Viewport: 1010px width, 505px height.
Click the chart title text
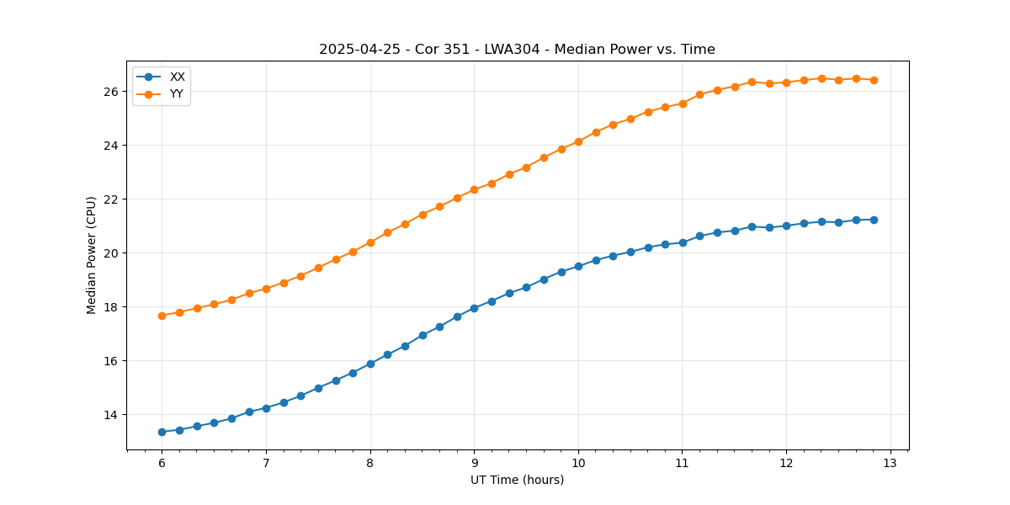tap(517, 50)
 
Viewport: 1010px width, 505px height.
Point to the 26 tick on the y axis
tap(115, 91)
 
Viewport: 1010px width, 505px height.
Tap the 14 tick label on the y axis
tap(115, 415)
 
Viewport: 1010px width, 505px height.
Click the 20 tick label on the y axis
tap(115, 253)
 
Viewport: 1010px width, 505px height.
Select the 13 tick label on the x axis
tap(890, 464)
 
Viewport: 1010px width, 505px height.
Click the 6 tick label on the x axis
tap(162, 464)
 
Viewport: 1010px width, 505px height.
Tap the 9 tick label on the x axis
tap(474, 464)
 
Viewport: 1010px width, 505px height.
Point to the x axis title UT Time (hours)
tap(517, 481)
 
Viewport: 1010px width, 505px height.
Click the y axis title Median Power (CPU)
tap(92, 255)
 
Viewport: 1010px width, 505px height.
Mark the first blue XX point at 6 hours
tap(162, 432)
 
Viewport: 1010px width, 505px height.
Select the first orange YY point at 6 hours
tap(162, 316)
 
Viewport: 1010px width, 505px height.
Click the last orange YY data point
tap(874, 80)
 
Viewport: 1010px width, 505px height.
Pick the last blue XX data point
tap(874, 220)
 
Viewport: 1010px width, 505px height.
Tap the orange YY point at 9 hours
tap(474, 189)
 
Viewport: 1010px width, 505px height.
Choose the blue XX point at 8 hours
tap(370, 364)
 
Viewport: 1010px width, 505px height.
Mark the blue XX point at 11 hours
tap(683, 242)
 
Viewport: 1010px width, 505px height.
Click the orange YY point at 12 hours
tap(786, 82)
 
